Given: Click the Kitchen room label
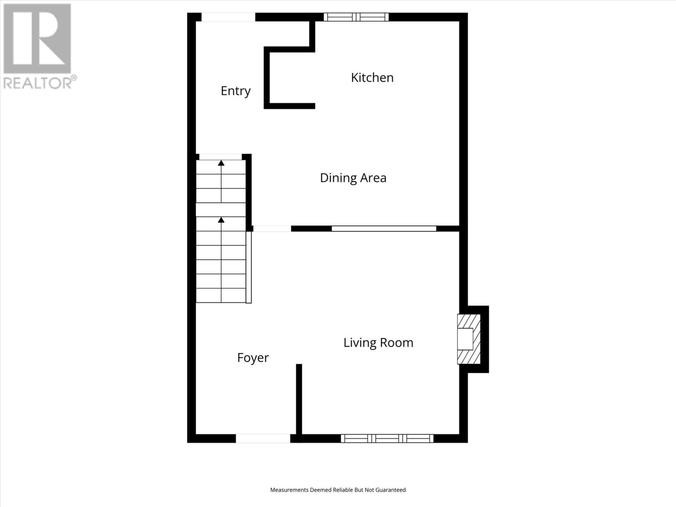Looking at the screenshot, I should tap(372, 78).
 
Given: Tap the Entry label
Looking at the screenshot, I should tap(236, 91).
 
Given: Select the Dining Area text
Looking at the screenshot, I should tap(353, 178).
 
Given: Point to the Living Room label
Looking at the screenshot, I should tap(378, 343).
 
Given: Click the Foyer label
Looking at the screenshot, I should tap(253, 358).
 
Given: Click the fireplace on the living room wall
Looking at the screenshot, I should tap(469, 339).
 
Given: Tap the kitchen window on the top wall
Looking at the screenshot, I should tap(356, 17).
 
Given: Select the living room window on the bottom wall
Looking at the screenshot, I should tap(387, 439).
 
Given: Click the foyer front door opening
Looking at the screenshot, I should tap(263, 439).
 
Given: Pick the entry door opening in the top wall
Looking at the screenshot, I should tap(228, 17).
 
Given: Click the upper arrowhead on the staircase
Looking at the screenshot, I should tap(221, 163).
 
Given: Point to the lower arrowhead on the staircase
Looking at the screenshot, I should tap(221, 220).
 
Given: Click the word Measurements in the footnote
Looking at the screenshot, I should tap(289, 490).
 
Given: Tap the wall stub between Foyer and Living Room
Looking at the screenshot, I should tap(299, 399).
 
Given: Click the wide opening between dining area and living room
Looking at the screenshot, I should tap(384, 229).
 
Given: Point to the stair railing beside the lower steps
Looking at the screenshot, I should tap(249, 267).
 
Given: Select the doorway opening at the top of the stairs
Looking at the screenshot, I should tap(220, 157).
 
